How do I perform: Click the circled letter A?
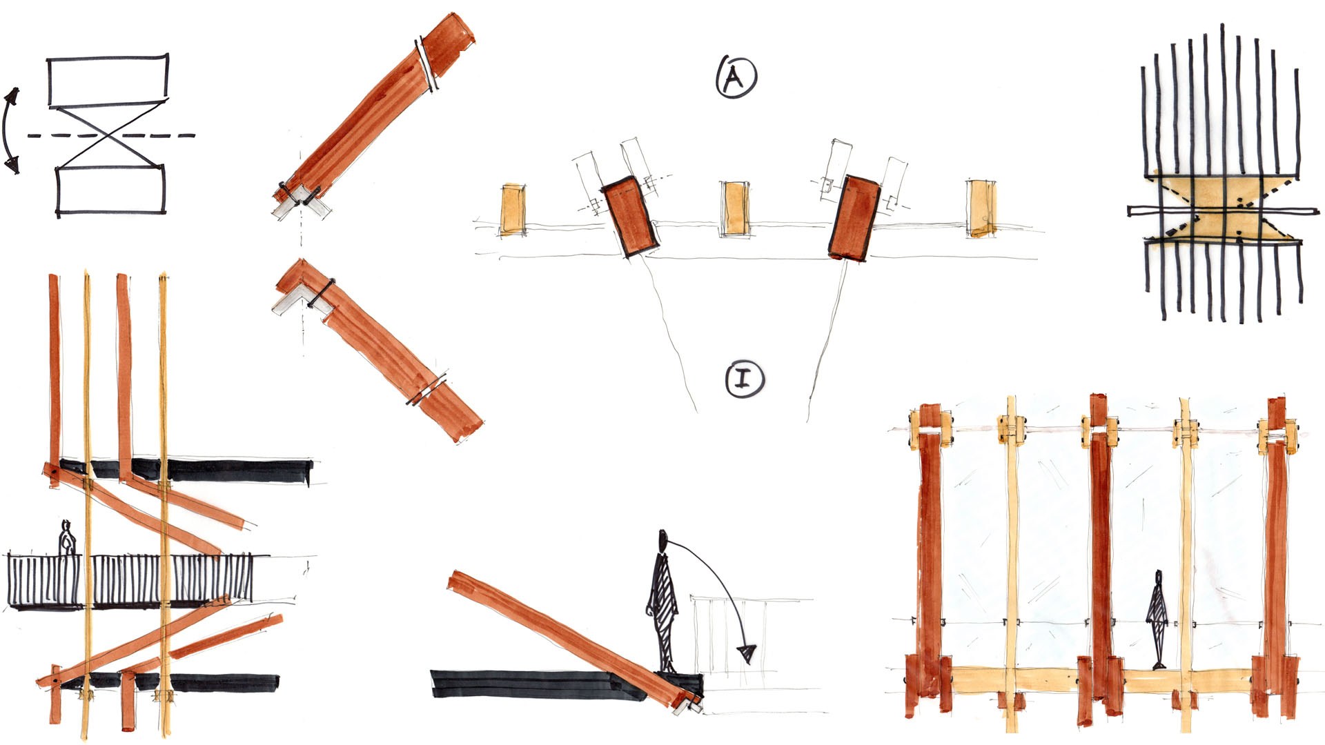(736, 76)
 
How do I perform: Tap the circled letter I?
(745, 379)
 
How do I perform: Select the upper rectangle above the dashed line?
(108, 81)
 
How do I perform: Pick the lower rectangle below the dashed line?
(110, 190)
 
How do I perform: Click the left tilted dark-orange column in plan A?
(629, 217)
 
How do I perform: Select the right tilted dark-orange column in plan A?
(855, 217)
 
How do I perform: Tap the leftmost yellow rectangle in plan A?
(512, 209)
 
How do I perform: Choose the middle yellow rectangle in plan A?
(734, 209)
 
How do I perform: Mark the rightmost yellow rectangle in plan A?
(981, 208)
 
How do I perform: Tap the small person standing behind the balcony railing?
(66, 538)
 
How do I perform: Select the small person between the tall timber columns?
(1157, 619)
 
